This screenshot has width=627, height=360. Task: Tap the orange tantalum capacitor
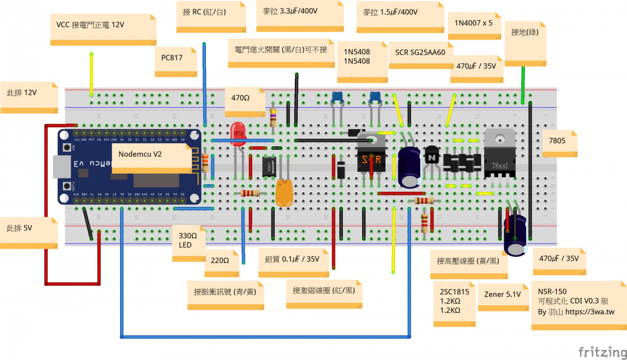(284, 193)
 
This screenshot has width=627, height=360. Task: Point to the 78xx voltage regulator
(500, 152)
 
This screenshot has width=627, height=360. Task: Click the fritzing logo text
(602, 352)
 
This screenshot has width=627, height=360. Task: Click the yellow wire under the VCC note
(91, 73)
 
